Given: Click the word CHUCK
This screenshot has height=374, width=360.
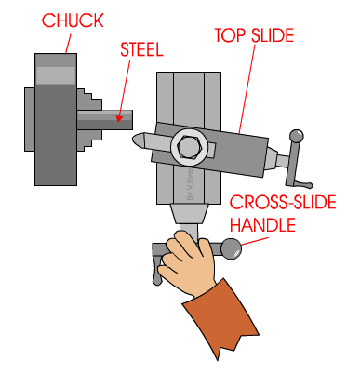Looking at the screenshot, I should (66, 20).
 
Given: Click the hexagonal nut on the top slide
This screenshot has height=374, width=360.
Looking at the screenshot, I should (185, 146).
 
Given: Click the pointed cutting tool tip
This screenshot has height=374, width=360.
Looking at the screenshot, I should (137, 139).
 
